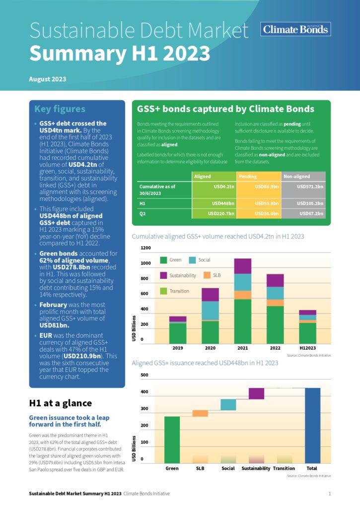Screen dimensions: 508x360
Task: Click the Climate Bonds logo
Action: click(x=295, y=29)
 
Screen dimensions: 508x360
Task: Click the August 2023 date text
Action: click(x=48, y=79)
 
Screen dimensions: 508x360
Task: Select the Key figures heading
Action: click(x=60, y=109)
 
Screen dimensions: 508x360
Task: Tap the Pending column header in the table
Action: click(x=248, y=176)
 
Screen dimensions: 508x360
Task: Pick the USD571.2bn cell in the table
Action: click(x=310, y=187)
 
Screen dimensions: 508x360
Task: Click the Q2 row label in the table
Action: click(x=143, y=214)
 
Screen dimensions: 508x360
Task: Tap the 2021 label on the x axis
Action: click(x=243, y=348)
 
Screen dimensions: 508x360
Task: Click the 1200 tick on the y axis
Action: click(x=145, y=248)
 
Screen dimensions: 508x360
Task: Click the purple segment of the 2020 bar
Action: click(x=211, y=294)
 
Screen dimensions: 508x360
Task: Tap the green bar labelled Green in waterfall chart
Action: click(x=172, y=440)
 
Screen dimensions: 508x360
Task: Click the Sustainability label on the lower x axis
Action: click(x=256, y=468)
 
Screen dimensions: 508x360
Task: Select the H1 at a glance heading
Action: click(x=61, y=403)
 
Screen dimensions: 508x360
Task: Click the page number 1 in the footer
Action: click(x=330, y=494)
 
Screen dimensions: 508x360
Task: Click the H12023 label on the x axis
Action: click(x=308, y=348)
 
